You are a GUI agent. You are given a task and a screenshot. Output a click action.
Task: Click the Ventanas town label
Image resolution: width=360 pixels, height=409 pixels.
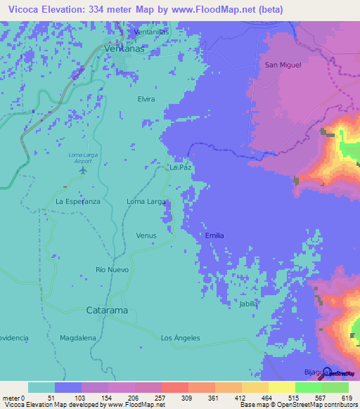[123, 48]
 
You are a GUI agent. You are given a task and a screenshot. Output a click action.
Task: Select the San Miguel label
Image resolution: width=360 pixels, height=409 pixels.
[283, 65]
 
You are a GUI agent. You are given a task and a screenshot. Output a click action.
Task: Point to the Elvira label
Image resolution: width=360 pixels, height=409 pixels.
[146, 99]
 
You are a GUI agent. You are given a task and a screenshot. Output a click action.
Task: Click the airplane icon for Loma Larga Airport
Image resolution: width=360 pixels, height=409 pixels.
[84, 169]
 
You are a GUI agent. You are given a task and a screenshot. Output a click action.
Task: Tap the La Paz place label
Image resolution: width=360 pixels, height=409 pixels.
[181, 169]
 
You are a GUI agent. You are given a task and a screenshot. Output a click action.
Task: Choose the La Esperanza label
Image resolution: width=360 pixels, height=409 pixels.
[78, 202]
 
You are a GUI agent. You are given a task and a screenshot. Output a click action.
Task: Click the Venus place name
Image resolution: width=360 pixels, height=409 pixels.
[146, 235]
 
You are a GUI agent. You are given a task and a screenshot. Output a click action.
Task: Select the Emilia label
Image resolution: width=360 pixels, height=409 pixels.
[214, 235]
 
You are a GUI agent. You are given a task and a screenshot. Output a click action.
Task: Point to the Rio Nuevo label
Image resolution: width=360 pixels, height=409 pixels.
[110, 270]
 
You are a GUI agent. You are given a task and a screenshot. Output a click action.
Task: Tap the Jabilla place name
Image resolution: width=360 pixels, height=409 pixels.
[248, 304]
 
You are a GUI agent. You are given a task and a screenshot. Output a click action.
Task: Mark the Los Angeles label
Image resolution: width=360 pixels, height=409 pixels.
[180, 338]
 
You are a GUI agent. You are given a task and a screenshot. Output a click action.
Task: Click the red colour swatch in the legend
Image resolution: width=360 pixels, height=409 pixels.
[174, 387]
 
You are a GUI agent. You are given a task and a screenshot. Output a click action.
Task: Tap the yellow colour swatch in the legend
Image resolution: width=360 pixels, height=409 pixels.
[281, 387]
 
